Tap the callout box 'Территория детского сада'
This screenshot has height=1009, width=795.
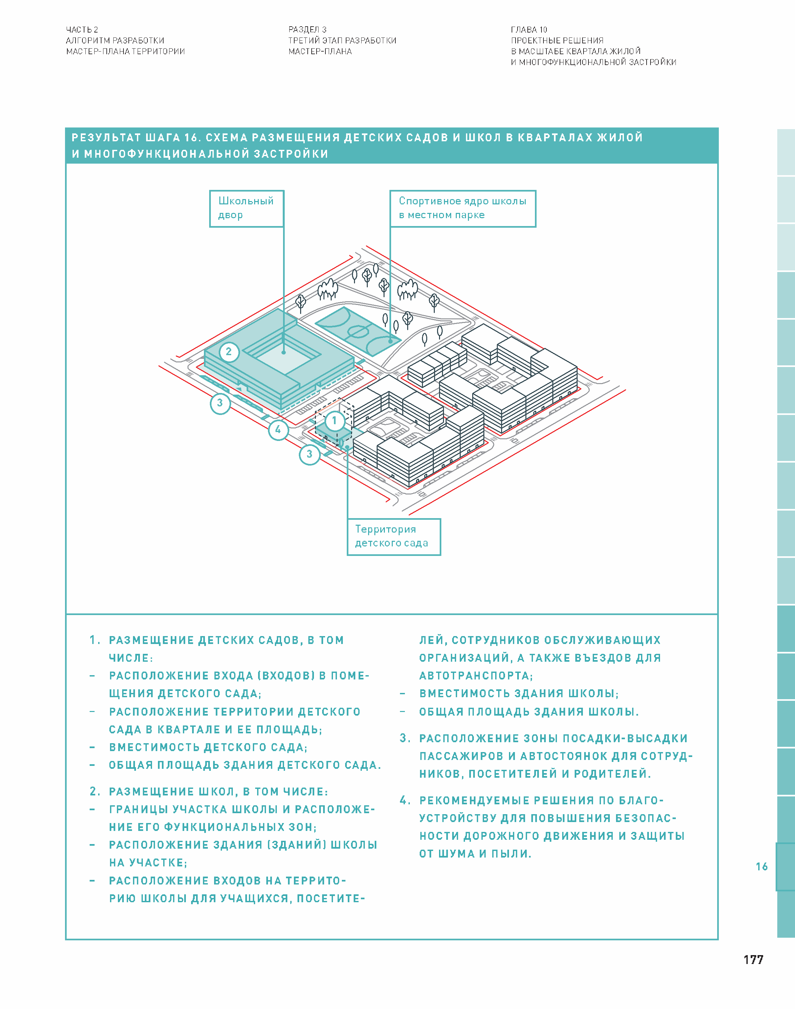click(393, 537)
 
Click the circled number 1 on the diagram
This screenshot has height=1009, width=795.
click(334, 421)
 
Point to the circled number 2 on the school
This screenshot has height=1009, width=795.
click(229, 352)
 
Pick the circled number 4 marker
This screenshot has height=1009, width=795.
click(278, 429)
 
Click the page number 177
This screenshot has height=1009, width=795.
click(753, 960)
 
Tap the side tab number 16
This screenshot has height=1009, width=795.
click(762, 866)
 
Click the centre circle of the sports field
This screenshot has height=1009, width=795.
click(358, 332)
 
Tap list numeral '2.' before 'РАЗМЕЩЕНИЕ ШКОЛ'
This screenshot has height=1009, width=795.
click(95, 791)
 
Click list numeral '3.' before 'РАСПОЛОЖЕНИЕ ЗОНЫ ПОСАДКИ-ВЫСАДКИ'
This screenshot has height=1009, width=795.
click(405, 738)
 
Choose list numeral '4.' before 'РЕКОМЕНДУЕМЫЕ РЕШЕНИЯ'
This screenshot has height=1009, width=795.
click(405, 800)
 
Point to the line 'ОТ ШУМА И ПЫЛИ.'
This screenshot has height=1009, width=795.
click(475, 854)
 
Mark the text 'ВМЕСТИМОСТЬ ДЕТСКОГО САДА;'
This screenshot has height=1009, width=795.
click(208, 747)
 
